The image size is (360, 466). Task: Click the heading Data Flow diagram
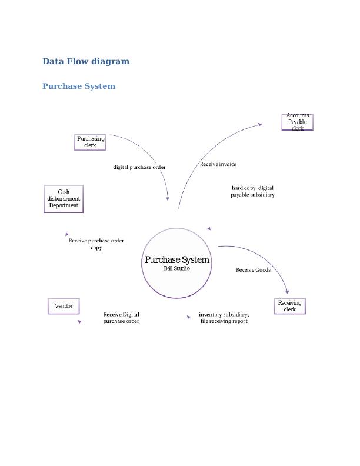(x=86, y=61)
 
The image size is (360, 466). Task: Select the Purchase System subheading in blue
(x=79, y=86)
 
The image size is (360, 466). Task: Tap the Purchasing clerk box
(x=91, y=142)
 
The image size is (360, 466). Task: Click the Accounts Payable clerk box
(x=298, y=122)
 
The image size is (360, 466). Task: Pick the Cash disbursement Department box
(x=64, y=199)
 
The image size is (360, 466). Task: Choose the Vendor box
(x=64, y=306)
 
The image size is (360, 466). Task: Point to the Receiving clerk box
(x=289, y=306)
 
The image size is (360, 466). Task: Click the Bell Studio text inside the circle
(x=176, y=268)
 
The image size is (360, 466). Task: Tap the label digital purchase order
(x=139, y=167)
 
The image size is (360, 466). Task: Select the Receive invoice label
(x=218, y=164)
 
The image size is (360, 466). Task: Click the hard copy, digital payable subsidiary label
(x=252, y=191)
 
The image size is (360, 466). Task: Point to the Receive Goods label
(x=253, y=270)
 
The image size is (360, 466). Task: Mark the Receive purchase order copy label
(x=96, y=244)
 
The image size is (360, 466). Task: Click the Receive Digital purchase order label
(x=121, y=318)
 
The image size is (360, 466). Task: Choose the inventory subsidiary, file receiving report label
(x=224, y=318)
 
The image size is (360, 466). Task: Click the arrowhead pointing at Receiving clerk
(x=287, y=291)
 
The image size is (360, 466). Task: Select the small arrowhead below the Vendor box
(x=79, y=322)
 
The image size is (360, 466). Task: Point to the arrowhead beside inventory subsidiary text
(x=189, y=317)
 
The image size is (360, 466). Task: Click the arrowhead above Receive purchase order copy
(x=67, y=234)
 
